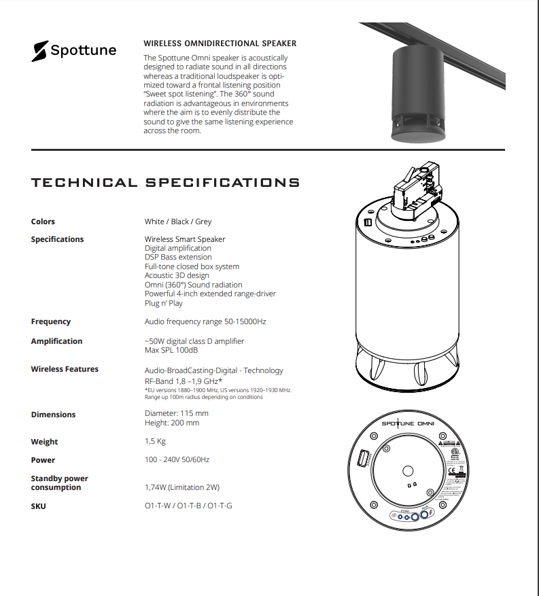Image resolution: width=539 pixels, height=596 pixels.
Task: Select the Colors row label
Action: (43, 222)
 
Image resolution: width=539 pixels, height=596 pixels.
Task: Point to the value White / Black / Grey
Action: (178, 222)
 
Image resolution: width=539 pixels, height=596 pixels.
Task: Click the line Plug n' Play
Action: (164, 304)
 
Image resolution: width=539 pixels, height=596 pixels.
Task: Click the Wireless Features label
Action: (65, 369)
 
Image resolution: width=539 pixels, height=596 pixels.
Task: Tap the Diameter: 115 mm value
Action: (177, 413)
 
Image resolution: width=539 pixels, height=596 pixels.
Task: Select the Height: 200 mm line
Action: (172, 423)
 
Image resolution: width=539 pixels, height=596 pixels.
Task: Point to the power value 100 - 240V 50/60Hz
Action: (177, 460)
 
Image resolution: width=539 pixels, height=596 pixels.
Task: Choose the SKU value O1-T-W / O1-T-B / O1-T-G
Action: (188, 506)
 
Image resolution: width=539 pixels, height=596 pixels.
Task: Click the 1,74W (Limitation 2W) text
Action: (182, 487)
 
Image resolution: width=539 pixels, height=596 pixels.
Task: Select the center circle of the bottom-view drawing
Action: (408, 470)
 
